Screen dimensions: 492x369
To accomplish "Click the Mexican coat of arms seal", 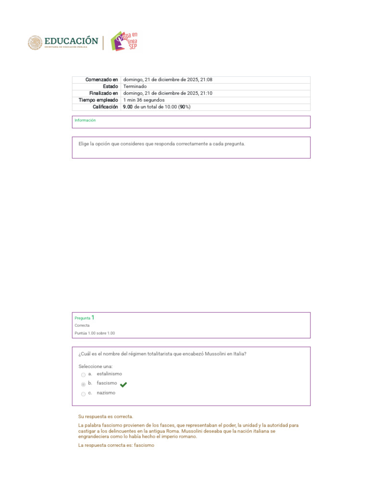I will coord(35,43).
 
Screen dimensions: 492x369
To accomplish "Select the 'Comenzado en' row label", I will coord(101,80).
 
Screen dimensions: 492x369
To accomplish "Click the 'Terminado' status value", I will coord(135,86).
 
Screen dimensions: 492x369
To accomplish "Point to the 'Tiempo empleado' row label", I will coord(98,100).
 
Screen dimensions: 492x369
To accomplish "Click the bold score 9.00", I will coord(128,107).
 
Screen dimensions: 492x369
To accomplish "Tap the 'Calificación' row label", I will coord(105,107).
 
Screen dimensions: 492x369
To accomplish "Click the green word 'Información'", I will coord(85,120).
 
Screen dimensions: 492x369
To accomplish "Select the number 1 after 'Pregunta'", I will coord(93,318).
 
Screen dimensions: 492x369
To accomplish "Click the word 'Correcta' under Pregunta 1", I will coord(82,325).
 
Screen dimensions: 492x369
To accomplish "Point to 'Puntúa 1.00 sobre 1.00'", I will coord(95,333).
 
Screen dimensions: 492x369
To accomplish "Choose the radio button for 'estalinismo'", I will coord(83,375).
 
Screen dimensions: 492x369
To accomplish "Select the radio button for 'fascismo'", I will coord(83,384).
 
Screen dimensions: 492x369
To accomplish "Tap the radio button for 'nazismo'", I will coord(83,394).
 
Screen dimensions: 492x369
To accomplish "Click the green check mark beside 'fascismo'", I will coord(123,384).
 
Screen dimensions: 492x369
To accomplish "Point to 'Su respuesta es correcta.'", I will coord(105,417).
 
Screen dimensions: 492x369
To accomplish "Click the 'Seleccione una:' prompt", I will coord(96,366).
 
